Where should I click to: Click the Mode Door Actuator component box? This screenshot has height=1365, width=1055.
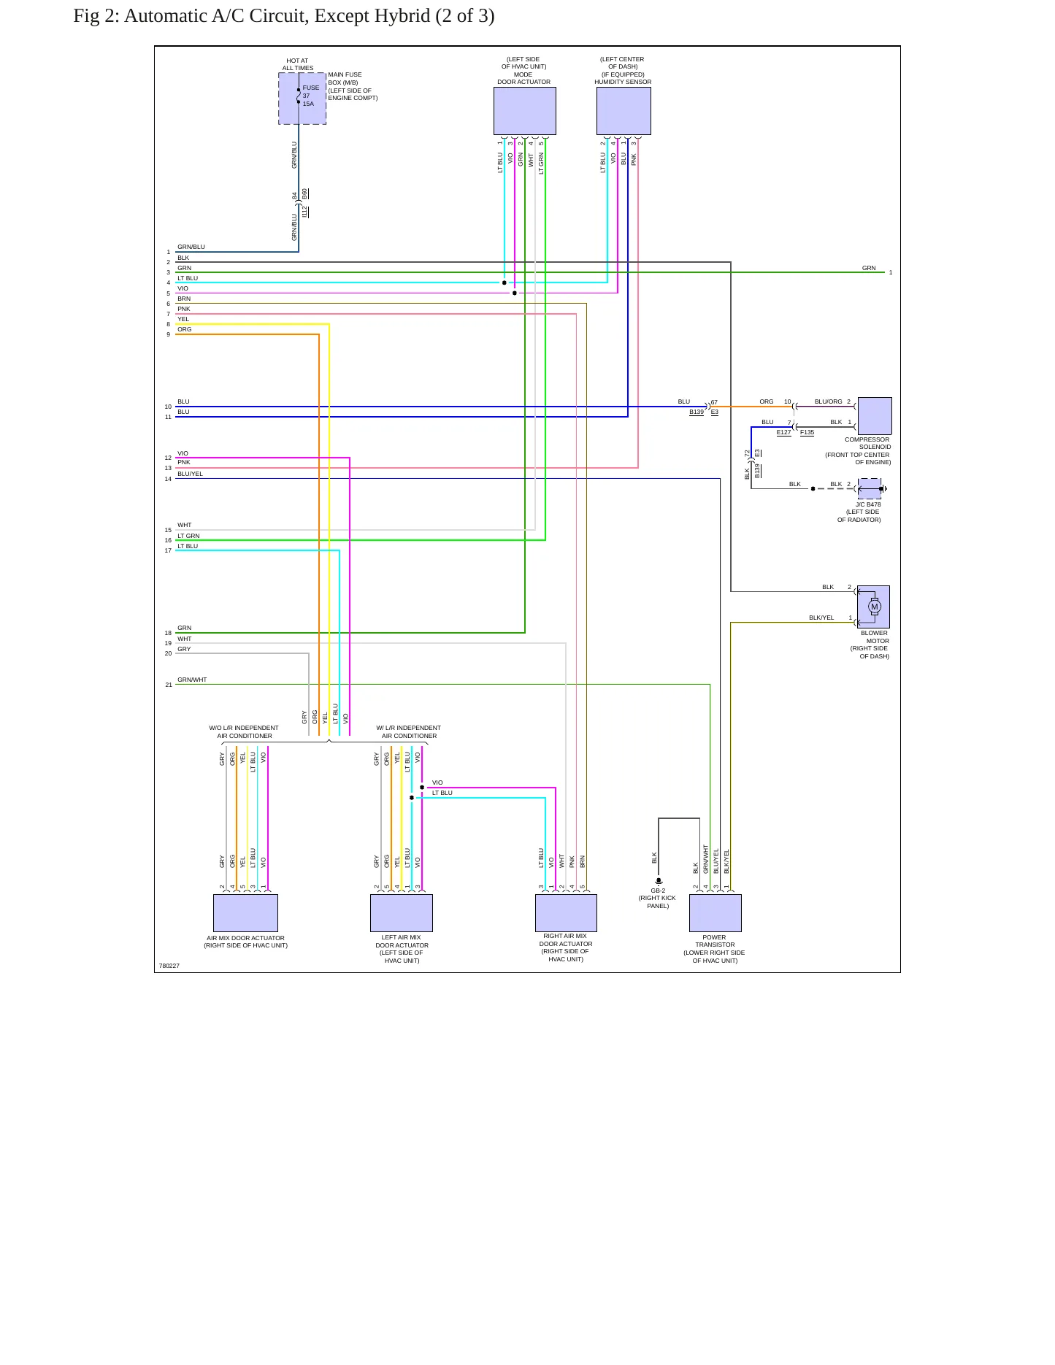[x=525, y=111]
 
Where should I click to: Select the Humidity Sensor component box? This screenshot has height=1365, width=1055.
[x=624, y=111]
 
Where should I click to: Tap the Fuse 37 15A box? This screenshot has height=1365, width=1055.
[x=302, y=99]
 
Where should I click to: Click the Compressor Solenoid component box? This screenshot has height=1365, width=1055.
[x=875, y=416]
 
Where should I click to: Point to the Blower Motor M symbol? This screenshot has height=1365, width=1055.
[x=875, y=607]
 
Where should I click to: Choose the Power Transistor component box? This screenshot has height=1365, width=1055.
[x=716, y=913]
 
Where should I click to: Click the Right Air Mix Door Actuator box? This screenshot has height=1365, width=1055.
[x=566, y=913]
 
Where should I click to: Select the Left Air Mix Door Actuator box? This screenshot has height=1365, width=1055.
[x=402, y=913]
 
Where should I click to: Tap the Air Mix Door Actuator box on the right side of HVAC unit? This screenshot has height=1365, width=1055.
[x=245, y=913]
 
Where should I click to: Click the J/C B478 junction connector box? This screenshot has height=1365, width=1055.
[x=870, y=488]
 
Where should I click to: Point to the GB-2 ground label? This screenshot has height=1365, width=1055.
[x=658, y=891]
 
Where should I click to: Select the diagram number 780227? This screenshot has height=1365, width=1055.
[x=169, y=966]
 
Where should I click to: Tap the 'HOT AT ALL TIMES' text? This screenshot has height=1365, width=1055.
[x=298, y=64]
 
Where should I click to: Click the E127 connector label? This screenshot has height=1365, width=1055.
[x=783, y=432]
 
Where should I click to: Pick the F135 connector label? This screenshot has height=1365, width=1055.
[x=807, y=432]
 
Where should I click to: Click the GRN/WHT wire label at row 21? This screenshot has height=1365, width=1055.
[x=192, y=680]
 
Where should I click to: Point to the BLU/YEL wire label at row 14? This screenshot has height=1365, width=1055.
[x=190, y=474]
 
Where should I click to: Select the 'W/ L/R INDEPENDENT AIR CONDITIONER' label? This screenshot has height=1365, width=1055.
[x=409, y=731]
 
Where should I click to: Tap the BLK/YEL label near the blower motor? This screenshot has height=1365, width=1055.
[x=821, y=618]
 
